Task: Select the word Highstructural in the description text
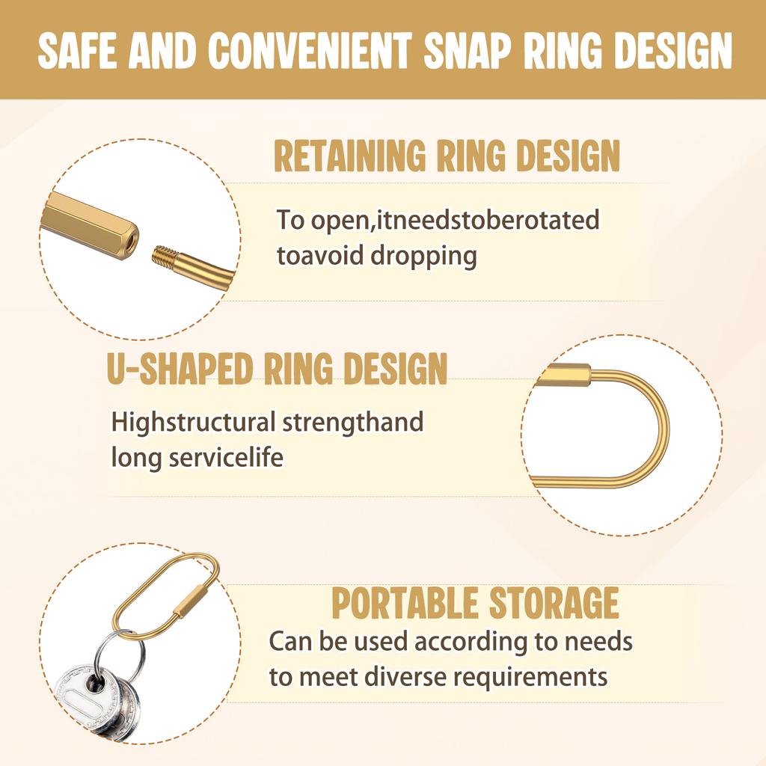193,422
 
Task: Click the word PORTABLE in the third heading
404,604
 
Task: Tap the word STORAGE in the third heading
554,604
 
